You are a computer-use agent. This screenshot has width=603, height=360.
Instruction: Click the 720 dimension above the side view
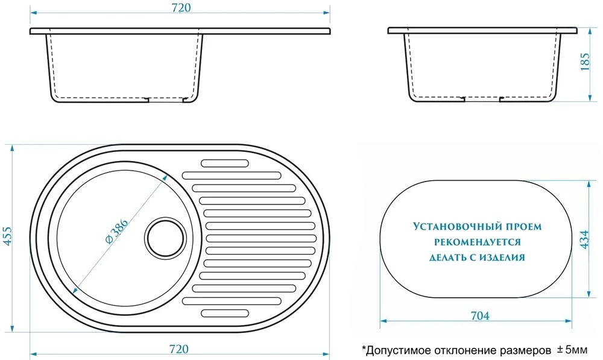tap(181, 8)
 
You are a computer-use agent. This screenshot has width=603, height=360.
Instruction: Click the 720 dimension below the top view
tap(179, 349)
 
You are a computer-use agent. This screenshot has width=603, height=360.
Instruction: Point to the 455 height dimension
tap(8, 236)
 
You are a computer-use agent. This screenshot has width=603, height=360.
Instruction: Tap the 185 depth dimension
tap(584, 62)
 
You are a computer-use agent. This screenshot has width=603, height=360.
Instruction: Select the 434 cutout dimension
tap(584, 239)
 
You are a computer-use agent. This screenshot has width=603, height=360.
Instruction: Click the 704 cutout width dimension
tap(480, 315)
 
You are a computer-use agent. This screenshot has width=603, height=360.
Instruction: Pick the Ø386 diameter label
tap(116, 231)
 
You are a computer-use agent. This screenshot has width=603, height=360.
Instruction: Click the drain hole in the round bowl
tap(166, 238)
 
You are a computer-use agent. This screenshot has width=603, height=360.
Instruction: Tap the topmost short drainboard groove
tap(224, 163)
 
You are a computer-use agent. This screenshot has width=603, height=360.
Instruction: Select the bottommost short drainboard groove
tap(224, 313)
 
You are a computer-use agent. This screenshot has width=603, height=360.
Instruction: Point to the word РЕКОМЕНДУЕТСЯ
tap(478, 242)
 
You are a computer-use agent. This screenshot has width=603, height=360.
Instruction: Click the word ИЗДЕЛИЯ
tap(501, 257)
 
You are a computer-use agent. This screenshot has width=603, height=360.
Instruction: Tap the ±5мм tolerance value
tap(572, 350)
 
